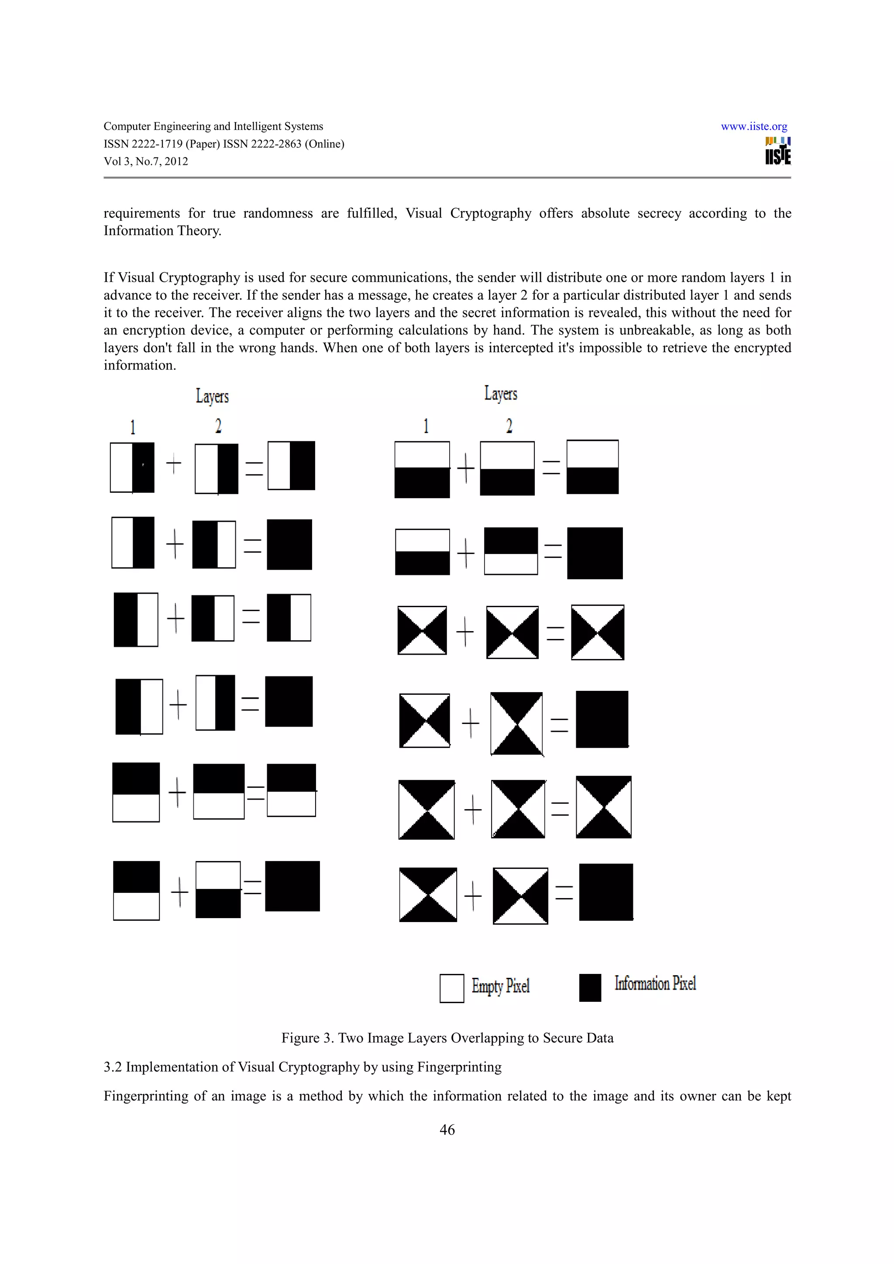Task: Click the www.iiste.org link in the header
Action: tap(753, 126)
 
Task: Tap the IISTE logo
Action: tap(778, 151)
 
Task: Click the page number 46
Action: tap(447, 1129)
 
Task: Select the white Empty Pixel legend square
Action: tap(452, 988)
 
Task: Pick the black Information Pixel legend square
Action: tap(590, 987)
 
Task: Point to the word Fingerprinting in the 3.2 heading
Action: tap(459, 1067)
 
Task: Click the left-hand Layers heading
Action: tap(212, 396)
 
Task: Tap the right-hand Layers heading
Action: tap(501, 393)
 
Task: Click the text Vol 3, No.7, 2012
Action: tap(146, 161)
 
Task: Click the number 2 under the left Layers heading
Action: tap(218, 426)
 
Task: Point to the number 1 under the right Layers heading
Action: tap(426, 426)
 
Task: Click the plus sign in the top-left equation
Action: tap(173, 464)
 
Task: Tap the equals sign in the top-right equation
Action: tap(551, 468)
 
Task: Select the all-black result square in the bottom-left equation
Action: tap(292, 886)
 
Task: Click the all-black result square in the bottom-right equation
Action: tap(606, 892)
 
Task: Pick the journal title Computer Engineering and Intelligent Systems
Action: tap(213, 126)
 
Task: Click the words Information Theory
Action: tap(162, 231)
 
